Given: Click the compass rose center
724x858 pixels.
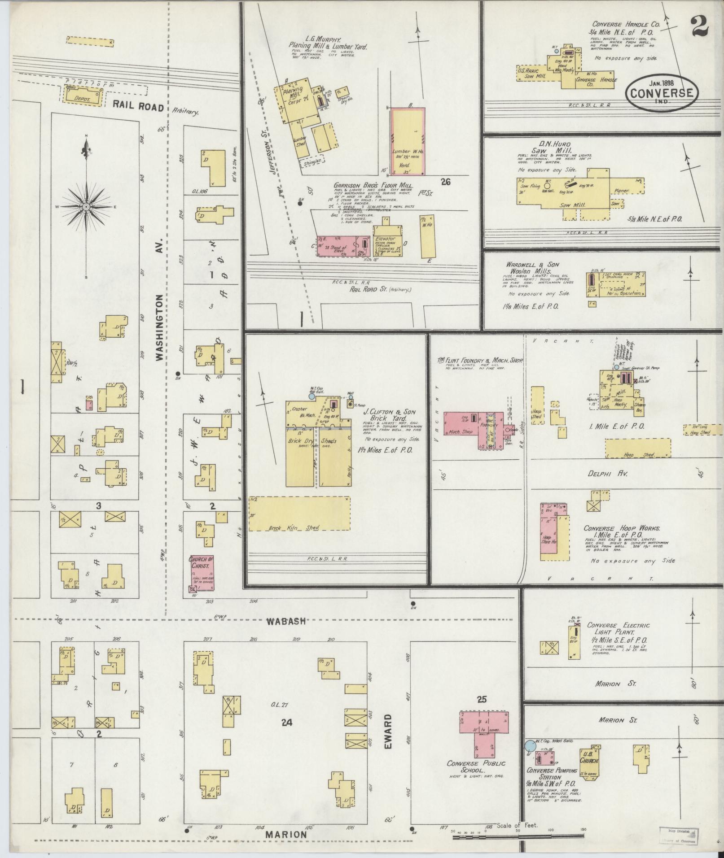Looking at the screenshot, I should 85,207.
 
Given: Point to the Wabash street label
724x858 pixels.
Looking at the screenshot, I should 287,622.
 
